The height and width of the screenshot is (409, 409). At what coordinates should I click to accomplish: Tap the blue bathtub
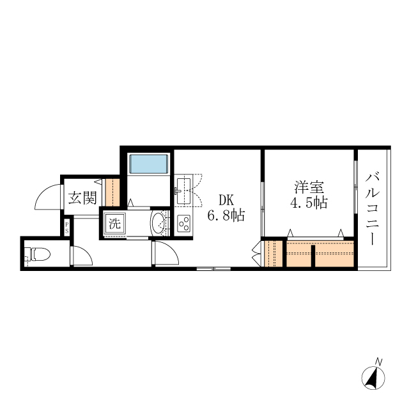148,164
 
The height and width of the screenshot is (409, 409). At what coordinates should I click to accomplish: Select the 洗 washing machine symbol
114,224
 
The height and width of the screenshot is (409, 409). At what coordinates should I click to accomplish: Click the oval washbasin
159,224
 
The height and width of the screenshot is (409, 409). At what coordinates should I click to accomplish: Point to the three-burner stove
183,224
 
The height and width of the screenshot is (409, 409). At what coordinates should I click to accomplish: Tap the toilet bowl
39,254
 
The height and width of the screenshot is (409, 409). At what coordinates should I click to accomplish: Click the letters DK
226,199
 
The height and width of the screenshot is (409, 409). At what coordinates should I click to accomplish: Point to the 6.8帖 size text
226,215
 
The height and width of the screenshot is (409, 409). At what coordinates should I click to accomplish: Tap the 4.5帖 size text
309,203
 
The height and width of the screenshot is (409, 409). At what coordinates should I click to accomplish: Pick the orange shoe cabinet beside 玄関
112,193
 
